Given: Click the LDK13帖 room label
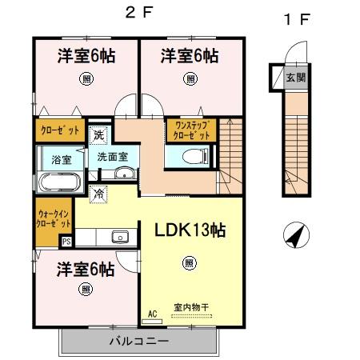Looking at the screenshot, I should point(190,230).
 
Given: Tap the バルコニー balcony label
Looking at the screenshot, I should point(139,341).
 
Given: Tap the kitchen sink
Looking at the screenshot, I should point(120,236).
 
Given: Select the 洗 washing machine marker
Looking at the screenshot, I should point(98,134).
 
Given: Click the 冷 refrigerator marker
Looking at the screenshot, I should point(98,192).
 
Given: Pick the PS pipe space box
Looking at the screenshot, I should point(66,239).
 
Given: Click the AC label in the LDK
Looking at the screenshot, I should point(152,314).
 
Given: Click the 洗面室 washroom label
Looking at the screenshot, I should point(113,157).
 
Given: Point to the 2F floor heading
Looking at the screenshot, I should point(135,13).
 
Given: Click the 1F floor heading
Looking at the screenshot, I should point(296,20).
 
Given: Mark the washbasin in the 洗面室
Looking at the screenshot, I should point(122,175).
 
